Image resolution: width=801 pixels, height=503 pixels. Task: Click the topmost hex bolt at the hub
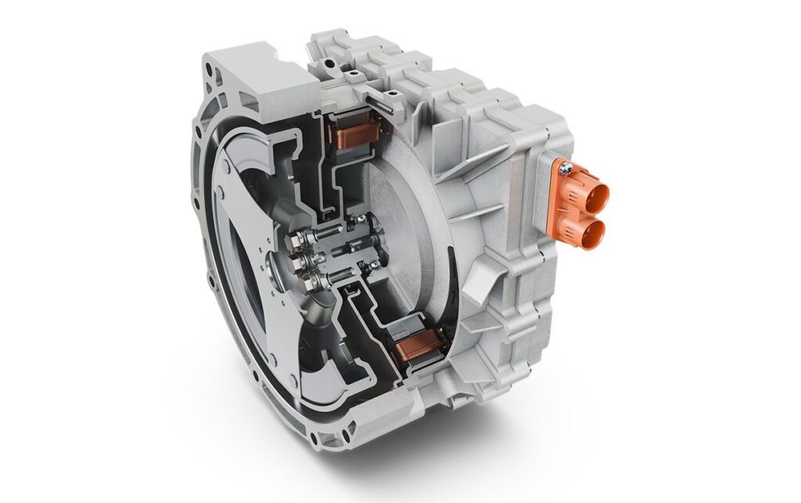(301, 232)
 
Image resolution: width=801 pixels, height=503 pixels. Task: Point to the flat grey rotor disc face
(407, 227)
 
